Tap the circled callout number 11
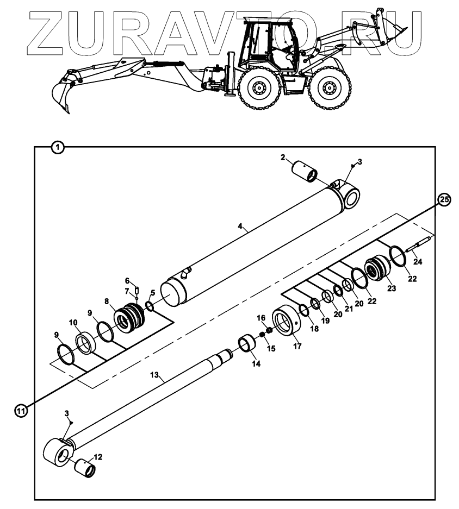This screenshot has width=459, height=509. [20, 411]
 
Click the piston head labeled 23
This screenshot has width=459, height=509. [377, 269]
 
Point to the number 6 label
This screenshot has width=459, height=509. [127, 281]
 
